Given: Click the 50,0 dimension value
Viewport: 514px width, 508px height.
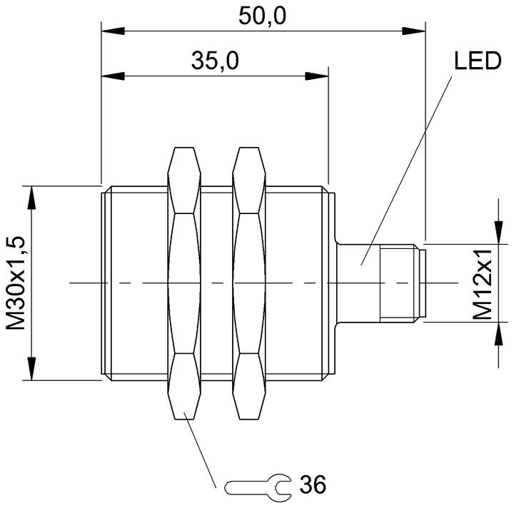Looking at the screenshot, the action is (262, 16).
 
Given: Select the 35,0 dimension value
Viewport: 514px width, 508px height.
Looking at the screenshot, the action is (215, 61).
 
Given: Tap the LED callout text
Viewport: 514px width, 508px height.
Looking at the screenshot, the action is (478, 61).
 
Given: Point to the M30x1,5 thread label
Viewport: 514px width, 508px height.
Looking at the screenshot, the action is (16, 283).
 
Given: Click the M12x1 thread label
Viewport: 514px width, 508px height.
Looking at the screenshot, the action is (483, 284).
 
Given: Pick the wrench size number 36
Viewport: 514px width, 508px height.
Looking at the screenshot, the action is (313, 484).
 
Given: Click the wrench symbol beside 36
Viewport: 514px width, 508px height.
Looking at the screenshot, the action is (258, 487).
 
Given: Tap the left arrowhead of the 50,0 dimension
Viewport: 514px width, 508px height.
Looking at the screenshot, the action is (113, 31).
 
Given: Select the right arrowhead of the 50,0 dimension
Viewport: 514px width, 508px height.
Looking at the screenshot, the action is (413, 31).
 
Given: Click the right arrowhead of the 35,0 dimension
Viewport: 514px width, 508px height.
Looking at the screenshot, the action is (317, 76).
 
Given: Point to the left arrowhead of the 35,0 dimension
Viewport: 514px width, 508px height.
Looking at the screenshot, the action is (113, 76).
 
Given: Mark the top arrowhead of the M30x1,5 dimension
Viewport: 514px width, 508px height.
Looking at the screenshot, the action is (31, 198).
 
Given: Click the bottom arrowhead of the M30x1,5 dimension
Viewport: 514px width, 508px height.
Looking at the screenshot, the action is (31, 368).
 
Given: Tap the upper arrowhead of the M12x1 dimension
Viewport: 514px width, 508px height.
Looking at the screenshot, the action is (498, 233).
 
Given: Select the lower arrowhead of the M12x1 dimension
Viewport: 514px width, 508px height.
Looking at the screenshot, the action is (498, 334).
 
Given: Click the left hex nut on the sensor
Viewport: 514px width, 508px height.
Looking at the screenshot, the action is (184, 283).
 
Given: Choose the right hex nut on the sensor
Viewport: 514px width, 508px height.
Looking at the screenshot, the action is (249, 283).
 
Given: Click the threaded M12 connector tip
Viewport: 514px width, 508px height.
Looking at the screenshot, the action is (403, 283).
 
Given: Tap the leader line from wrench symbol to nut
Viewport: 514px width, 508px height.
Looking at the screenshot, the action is (200, 450).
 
